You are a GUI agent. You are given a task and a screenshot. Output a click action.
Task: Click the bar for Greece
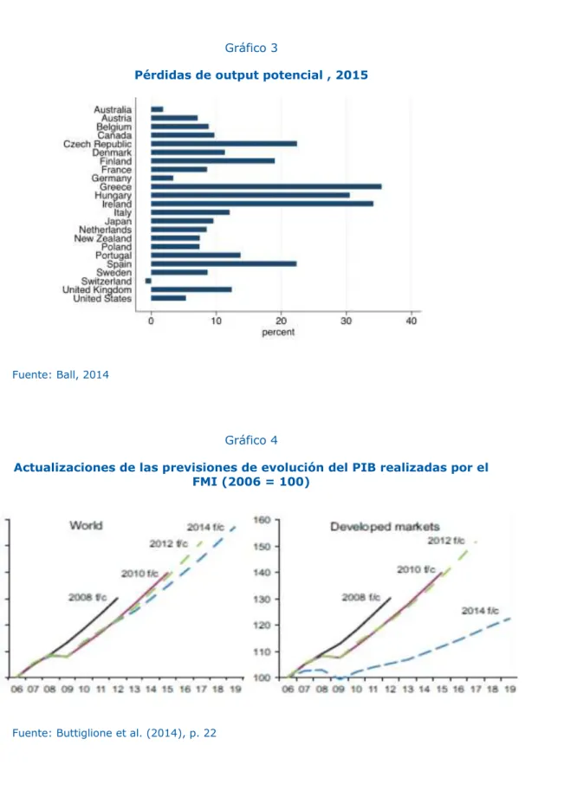click(x=266, y=187)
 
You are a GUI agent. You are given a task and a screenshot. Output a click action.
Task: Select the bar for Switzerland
click(x=148, y=281)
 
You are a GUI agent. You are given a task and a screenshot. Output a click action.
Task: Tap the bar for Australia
click(x=157, y=109)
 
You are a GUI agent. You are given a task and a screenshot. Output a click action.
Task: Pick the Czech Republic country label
click(x=98, y=144)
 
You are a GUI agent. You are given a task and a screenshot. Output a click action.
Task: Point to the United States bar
click(x=169, y=298)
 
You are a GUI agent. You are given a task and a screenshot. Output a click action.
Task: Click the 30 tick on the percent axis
click(x=346, y=321)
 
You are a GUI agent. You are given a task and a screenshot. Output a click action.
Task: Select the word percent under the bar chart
click(x=278, y=332)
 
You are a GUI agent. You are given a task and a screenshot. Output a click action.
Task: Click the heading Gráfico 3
click(x=251, y=48)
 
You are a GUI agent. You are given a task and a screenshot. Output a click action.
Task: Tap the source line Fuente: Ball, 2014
click(x=61, y=375)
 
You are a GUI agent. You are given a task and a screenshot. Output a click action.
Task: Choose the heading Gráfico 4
click(x=251, y=440)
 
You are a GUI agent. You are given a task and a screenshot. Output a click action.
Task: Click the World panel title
click(x=86, y=526)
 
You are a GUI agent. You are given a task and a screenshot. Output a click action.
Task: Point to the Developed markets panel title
click(x=385, y=527)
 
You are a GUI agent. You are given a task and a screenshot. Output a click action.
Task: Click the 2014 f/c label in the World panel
click(x=205, y=527)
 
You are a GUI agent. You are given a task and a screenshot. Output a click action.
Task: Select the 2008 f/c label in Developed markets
click(x=360, y=597)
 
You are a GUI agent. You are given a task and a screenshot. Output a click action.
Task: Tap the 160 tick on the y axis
click(x=263, y=520)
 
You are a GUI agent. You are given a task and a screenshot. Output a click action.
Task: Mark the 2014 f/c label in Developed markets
click(x=480, y=611)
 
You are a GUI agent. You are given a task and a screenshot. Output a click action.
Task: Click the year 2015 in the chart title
click(x=352, y=75)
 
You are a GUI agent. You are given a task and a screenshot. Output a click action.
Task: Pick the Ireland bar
click(x=263, y=204)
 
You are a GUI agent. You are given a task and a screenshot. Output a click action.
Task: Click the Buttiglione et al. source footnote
click(x=114, y=733)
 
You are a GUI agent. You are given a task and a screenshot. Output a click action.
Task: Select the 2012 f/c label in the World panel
click(x=168, y=543)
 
